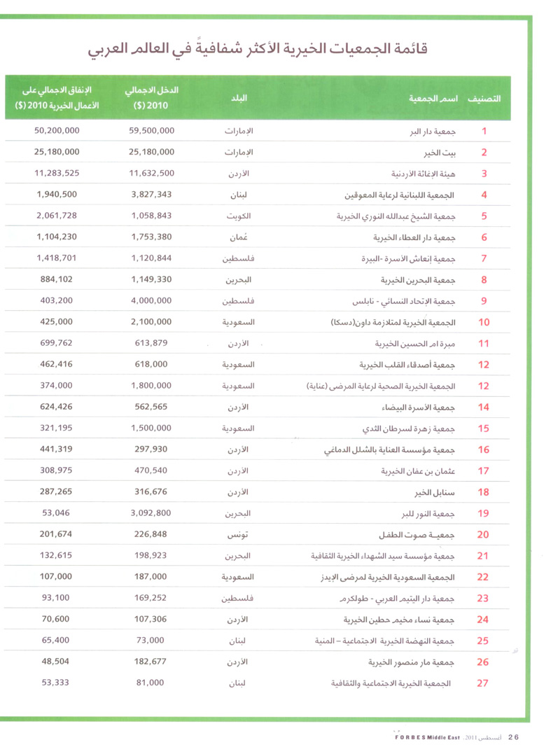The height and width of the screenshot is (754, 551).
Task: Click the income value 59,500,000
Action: pyautogui.click(x=152, y=131)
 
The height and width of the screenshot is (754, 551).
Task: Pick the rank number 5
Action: pyautogui.click(x=484, y=216)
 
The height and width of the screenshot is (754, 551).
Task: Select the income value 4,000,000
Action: pyautogui.click(x=152, y=302)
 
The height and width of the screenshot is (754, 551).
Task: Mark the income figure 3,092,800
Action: pyautogui.click(x=152, y=514)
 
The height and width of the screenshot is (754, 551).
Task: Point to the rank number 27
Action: pyautogui.click(x=482, y=683)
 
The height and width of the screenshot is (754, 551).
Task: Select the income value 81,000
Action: pyautogui.click(x=152, y=683)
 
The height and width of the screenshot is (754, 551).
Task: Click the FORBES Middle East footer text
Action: pyautogui.click(x=423, y=736)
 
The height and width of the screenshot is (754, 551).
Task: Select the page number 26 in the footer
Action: pyautogui.click(x=513, y=736)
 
